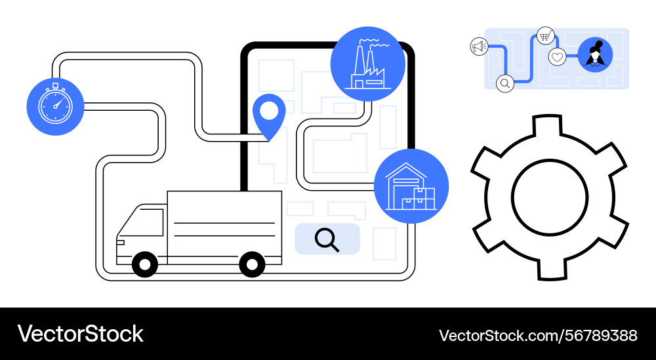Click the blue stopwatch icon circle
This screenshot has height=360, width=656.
[x=55, y=107]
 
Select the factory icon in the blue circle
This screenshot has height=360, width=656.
[x=368, y=64]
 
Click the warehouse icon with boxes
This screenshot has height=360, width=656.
[x=411, y=186]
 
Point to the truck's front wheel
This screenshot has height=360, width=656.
[x=145, y=264]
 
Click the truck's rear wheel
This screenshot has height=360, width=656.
[x=252, y=264]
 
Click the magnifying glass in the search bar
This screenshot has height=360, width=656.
[x=327, y=240]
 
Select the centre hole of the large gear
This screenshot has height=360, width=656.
[x=549, y=197]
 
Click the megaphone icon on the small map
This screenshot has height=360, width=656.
[x=479, y=47]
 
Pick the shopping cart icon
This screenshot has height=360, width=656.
[x=545, y=36]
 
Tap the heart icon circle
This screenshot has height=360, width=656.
[x=557, y=57]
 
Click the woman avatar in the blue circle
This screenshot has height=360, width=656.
[x=595, y=55]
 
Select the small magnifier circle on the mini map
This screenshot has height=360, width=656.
[x=505, y=83]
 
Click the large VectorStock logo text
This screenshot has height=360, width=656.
[x=80, y=334]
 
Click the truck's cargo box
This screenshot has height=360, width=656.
[x=224, y=228]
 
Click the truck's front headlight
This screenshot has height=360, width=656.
[x=121, y=243]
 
